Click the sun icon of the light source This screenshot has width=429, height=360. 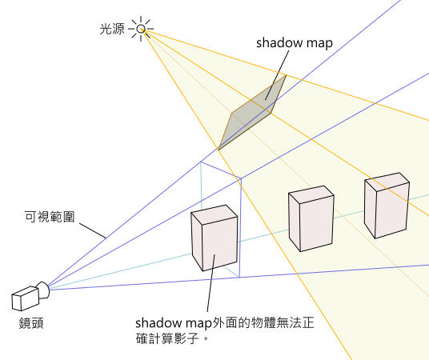[x=141, y=29]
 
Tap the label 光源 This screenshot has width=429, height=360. [x=112, y=29]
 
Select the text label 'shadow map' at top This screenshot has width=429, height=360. [x=295, y=43]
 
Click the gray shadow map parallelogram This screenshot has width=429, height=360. [x=252, y=112]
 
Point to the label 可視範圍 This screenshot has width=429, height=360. [x=50, y=217]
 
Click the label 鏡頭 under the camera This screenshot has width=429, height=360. [x=31, y=323]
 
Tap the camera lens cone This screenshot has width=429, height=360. [x=44, y=290]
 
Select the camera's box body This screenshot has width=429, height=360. [x=25, y=298]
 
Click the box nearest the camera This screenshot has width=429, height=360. [x=214, y=238]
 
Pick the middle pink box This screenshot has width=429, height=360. [x=311, y=218]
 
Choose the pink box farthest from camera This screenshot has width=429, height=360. [x=387, y=206]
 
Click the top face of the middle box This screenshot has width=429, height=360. [x=311, y=194]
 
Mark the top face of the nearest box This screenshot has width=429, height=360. [x=214, y=214]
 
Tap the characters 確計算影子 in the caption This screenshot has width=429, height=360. [x=167, y=338]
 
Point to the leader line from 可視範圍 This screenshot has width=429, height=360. [x=93, y=230]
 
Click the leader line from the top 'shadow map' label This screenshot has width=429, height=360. [x=277, y=75]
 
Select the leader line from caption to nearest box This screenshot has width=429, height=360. [x=211, y=283]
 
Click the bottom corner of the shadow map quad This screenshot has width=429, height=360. [x=219, y=150]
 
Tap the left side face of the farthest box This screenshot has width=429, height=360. [x=370, y=209]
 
